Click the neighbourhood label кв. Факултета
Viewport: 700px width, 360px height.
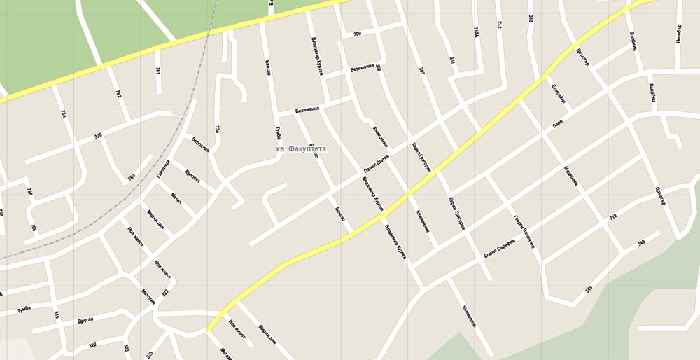pyautogui.click(x=301, y=148)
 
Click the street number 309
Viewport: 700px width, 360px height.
pyautogui.click(x=357, y=34)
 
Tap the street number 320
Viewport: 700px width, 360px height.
pyautogui.click(x=98, y=135)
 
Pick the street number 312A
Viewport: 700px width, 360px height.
pyautogui.click(x=476, y=32)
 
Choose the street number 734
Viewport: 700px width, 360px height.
pyautogui.click(x=218, y=130)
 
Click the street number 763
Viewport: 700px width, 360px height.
pyautogui.click(x=132, y=176)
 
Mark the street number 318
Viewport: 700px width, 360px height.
pyautogui.click(x=612, y=218)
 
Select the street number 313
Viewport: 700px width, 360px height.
pyautogui.click(x=531, y=19)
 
